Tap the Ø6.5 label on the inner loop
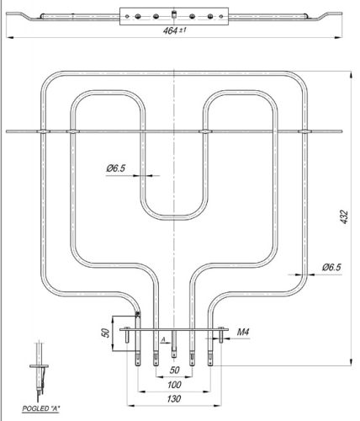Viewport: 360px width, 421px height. [117, 169]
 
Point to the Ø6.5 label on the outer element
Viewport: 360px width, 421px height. [331, 267]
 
